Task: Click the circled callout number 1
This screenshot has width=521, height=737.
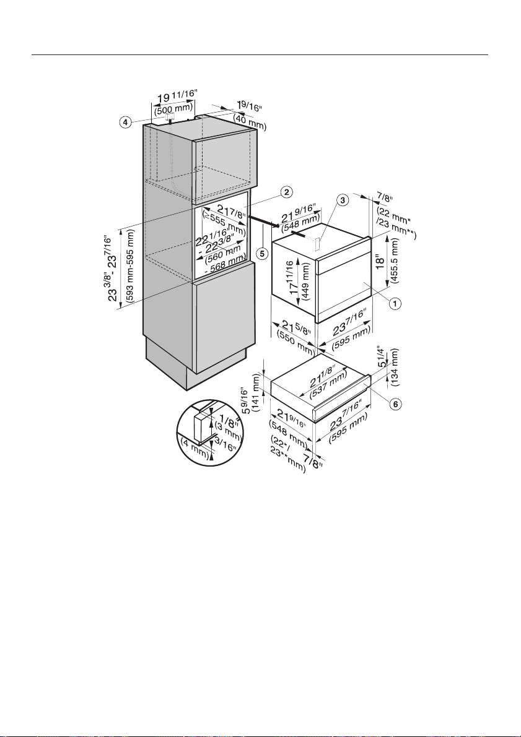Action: click(x=395, y=304)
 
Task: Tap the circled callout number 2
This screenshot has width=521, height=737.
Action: click(x=286, y=192)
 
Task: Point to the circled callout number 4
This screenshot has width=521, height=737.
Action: click(x=125, y=122)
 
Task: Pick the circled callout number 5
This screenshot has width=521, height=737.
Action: click(x=263, y=253)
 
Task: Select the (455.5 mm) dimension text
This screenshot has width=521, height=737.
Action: click(x=395, y=261)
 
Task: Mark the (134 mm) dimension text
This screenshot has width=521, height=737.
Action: click(x=395, y=367)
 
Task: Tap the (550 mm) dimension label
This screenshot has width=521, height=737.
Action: click(x=294, y=341)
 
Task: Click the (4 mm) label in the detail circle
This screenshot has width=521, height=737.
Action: click(x=195, y=447)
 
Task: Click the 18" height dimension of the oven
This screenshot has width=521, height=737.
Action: click(x=380, y=260)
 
